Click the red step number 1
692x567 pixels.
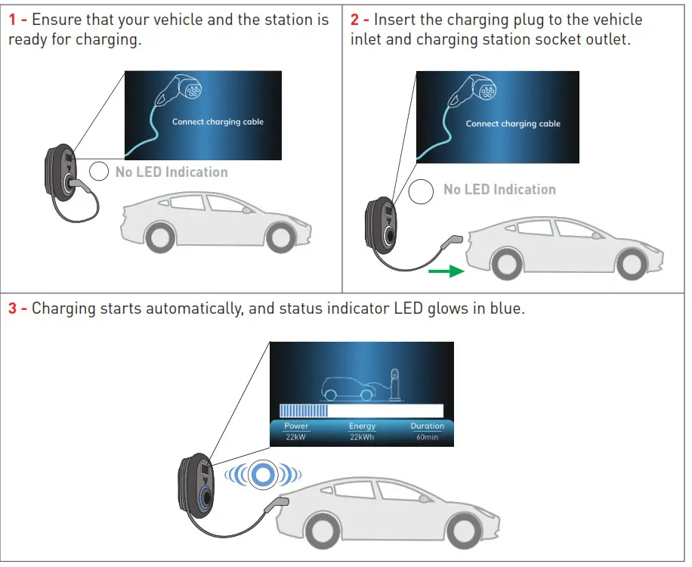click(13, 20)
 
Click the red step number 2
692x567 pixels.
click(356, 20)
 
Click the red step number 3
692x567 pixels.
click(13, 309)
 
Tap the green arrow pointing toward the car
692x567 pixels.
click(445, 270)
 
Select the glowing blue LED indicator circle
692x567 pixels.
click(262, 474)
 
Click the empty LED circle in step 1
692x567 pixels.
click(100, 172)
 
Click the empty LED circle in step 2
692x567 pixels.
click(422, 191)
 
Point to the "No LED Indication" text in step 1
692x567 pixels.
click(171, 172)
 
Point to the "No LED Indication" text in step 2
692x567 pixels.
click(499, 190)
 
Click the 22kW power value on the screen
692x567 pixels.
click(296, 437)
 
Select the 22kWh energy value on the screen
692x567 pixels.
click(362, 437)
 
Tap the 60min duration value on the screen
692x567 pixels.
click(427, 437)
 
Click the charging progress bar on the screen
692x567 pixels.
click(361, 411)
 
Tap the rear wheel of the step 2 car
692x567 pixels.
click(631, 262)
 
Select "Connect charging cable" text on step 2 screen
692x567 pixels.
click(513, 124)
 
